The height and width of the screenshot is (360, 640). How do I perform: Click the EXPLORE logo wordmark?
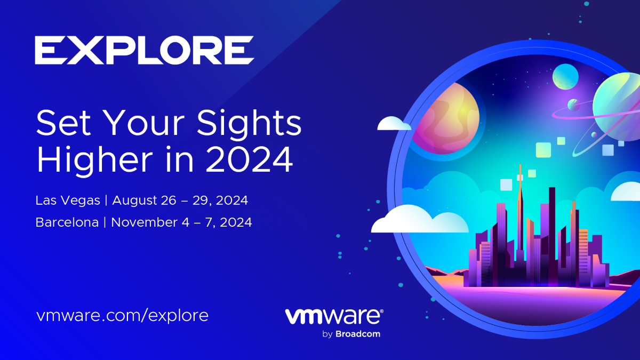tap(144, 50)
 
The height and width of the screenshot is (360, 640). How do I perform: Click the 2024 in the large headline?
tap(249, 159)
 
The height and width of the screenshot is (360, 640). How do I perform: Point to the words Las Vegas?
tap(68, 201)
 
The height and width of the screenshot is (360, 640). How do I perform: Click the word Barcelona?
tap(67, 223)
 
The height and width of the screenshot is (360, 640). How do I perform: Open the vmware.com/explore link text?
tap(122, 315)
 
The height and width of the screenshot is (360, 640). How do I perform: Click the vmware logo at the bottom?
tap(334, 316)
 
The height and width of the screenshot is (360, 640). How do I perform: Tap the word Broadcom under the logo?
tap(358, 334)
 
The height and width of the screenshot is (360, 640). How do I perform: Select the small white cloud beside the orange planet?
tap(393, 124)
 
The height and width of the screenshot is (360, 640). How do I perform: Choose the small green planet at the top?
tap(565, 76)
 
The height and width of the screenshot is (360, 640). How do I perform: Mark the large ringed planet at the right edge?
tap(619, 109)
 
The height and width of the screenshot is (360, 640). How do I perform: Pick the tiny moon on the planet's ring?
tap(574, 105)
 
